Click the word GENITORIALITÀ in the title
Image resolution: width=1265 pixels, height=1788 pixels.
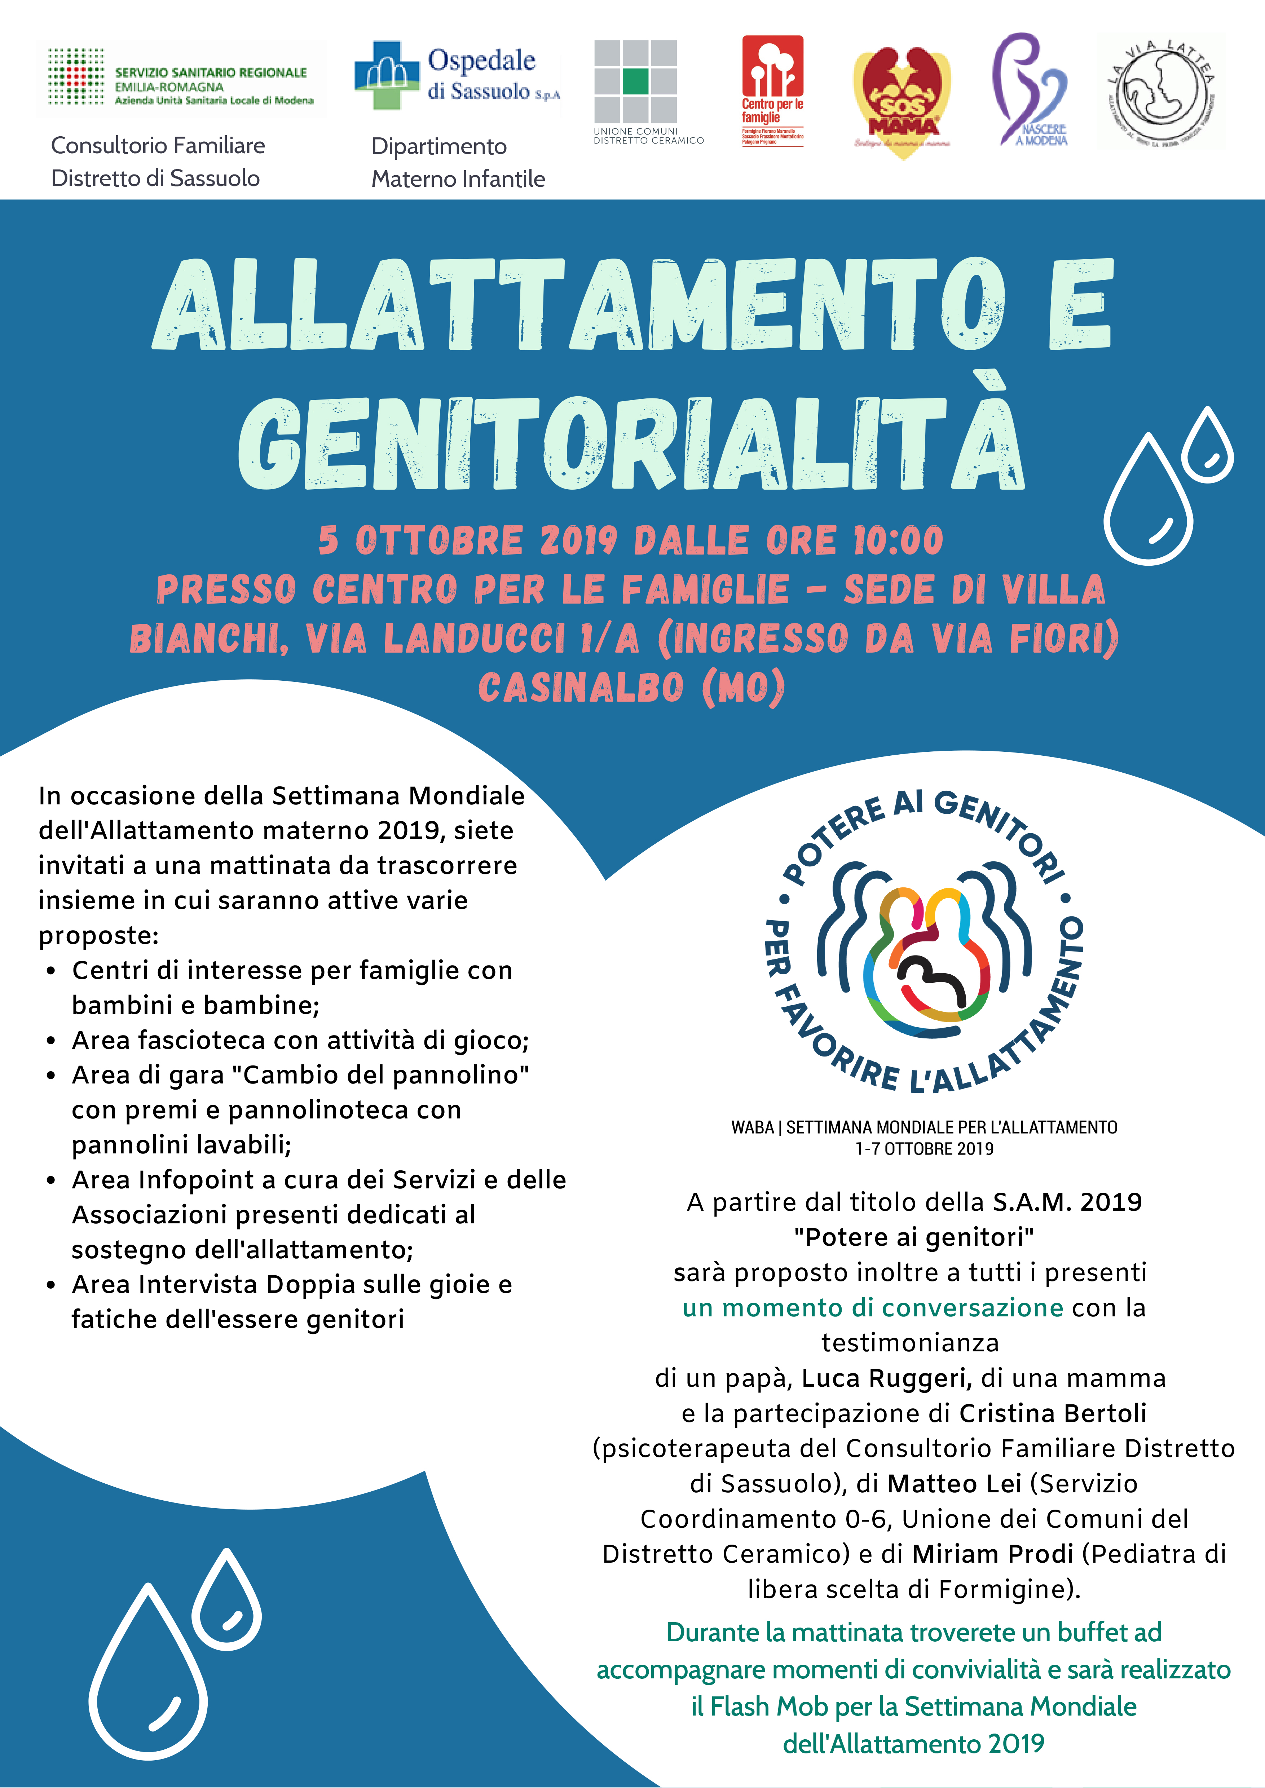click(x=631, y=444)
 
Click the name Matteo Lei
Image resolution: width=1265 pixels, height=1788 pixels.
click(x=954, y=1484)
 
